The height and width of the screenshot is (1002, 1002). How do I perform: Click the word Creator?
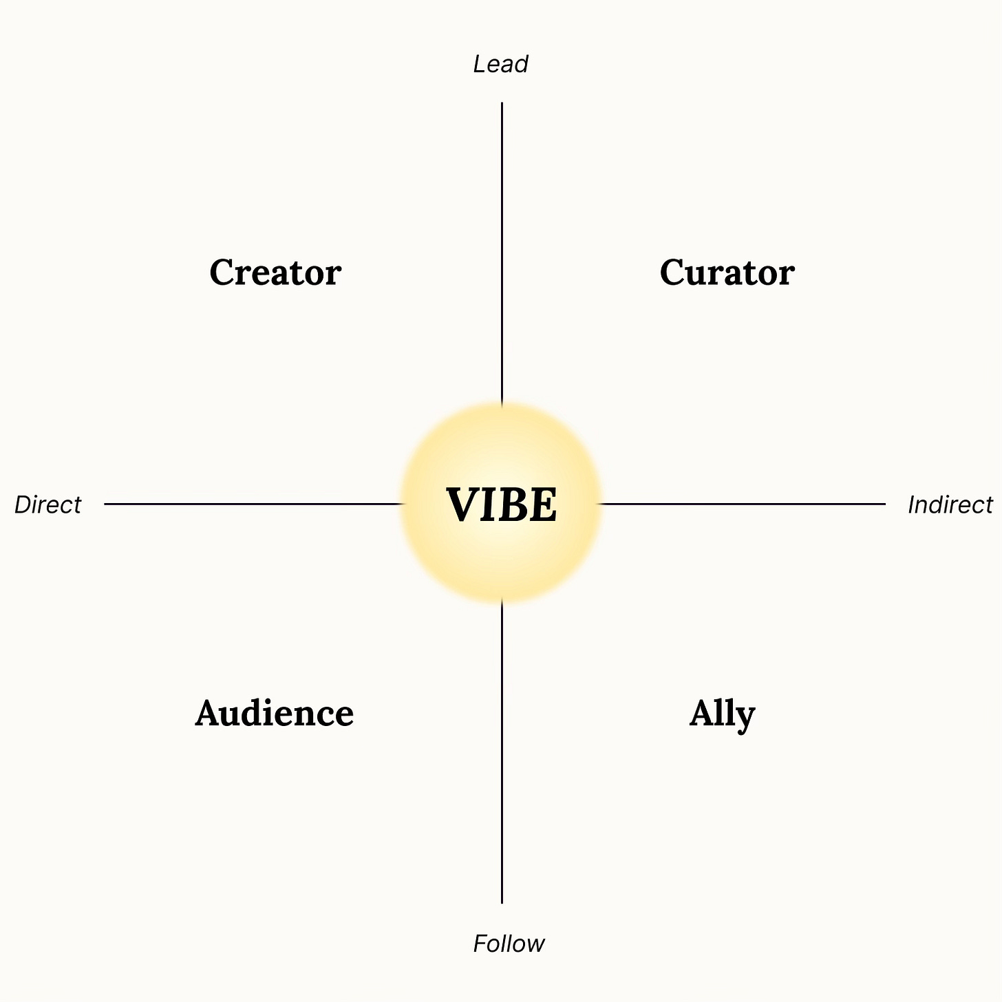click(275, 273)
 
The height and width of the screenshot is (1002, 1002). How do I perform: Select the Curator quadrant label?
click(727, 273)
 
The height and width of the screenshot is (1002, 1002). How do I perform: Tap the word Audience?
click(274, 714)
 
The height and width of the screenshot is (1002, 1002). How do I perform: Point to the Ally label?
click(722, 714)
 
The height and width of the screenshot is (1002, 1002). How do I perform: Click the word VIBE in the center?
click(502, 505)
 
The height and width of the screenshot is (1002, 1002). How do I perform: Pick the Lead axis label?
click(500, 64)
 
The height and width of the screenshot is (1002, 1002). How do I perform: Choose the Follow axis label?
click(509, 944)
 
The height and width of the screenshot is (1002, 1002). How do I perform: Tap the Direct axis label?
click(47, 505)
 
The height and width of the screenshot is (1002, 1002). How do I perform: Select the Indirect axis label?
click(950, 505)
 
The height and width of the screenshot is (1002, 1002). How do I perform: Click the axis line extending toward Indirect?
click(743, 504)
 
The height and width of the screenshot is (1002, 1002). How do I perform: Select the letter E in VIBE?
click(542, 505)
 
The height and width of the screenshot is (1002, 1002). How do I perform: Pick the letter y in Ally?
click(745, 717)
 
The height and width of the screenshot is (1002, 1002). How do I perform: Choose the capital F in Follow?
click(480, 944)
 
